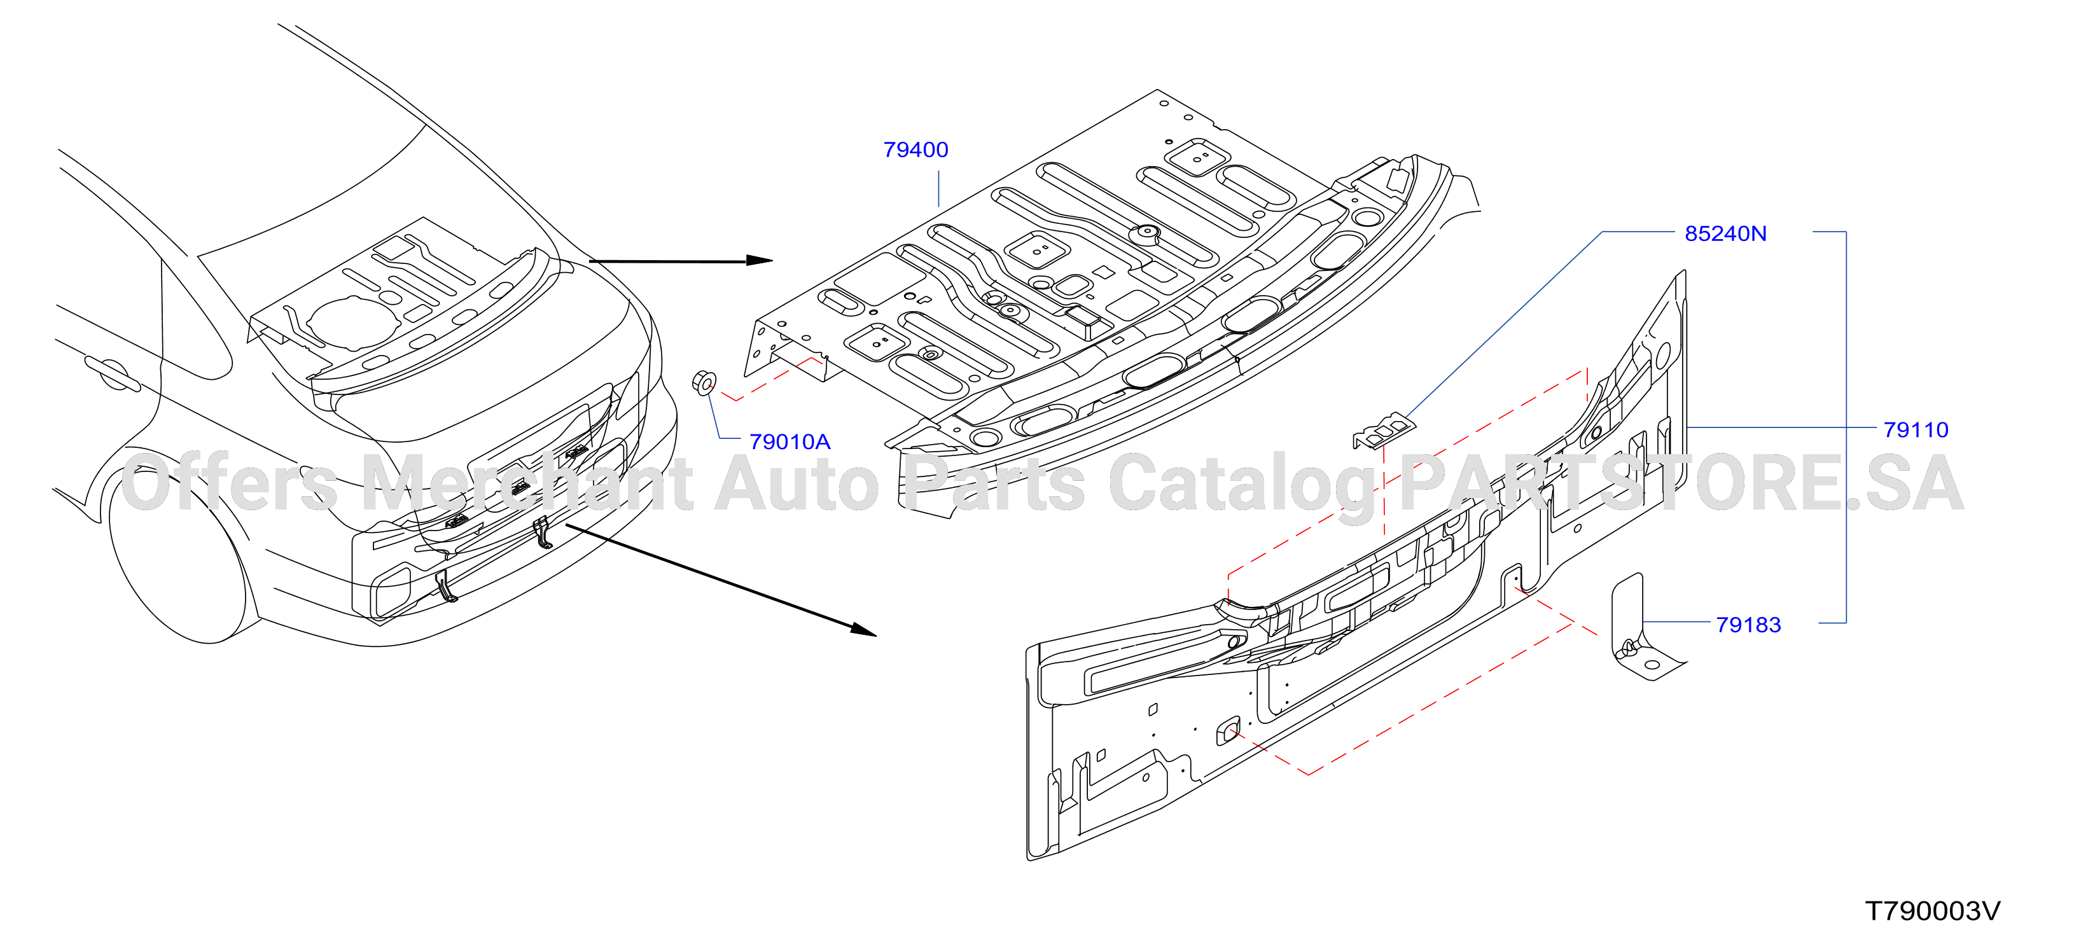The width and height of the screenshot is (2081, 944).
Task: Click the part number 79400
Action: pos(915,150)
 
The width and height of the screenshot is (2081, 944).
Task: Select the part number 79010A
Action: pos(790,443)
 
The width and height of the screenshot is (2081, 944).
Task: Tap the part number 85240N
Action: pos(1725,234)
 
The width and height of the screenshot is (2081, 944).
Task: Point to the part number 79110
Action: pos(1916,431)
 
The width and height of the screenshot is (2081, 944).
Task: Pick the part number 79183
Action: pos(1748,625)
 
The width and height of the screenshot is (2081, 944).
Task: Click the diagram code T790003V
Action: pos(1932,912)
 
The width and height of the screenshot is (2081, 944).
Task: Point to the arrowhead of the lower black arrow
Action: pos(863,629)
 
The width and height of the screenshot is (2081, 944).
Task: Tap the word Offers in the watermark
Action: pos(228,483)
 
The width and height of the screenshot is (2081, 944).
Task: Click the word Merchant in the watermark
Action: pos(527,483)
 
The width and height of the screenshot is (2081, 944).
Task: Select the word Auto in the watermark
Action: pos(797,483)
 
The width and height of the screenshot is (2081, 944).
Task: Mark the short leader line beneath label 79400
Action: pos(939,188)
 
